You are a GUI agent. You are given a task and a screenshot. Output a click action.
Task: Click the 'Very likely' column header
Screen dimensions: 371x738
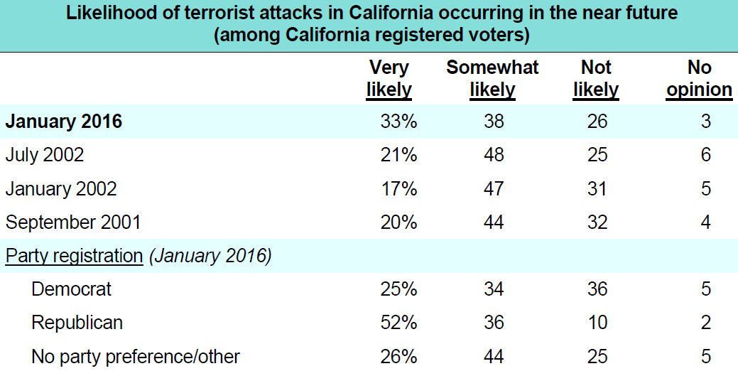(x=389, y=78)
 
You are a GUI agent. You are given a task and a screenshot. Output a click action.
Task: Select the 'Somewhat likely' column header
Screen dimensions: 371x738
(x=492, y=78)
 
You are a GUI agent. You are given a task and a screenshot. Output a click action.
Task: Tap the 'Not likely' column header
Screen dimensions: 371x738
(x=596, y=78)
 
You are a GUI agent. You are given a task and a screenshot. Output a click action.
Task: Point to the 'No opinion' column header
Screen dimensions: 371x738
(x=700, y=78)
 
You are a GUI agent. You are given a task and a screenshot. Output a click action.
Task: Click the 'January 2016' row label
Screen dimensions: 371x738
(x=64, y=122)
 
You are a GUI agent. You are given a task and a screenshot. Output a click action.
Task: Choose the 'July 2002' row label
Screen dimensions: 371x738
(x=45, y=155)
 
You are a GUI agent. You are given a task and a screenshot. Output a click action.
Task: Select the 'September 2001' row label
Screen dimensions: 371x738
(x=73, y=222)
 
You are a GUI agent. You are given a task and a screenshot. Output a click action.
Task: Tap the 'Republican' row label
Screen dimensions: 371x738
(x=77, y=322)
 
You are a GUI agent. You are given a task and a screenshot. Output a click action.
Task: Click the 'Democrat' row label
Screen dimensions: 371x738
(x=72, y=289)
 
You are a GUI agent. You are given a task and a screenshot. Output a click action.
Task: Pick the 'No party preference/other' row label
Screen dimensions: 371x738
(x=136, y=355)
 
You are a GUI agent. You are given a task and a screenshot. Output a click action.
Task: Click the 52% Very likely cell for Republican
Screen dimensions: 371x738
(x=398, y=322)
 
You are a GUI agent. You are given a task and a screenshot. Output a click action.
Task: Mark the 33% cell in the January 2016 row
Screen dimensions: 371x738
(x=398, y=122)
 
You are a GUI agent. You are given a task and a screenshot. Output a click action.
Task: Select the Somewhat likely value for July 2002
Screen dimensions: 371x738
(x=493, y=155)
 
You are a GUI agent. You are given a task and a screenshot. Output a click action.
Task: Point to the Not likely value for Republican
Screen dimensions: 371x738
(x=597, y=322)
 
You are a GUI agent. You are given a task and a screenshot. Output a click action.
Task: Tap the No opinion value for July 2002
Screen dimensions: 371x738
(x=705, y=155)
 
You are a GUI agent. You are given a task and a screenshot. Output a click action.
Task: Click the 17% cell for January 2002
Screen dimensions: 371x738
(x=398, y=188)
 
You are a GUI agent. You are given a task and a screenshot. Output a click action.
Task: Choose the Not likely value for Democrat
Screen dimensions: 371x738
(x=597, y=289)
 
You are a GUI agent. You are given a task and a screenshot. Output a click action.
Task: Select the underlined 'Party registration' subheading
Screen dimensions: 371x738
(x=74, y=255)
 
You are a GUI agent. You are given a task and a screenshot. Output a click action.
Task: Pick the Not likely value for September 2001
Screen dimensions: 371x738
(x=597, y=222)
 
